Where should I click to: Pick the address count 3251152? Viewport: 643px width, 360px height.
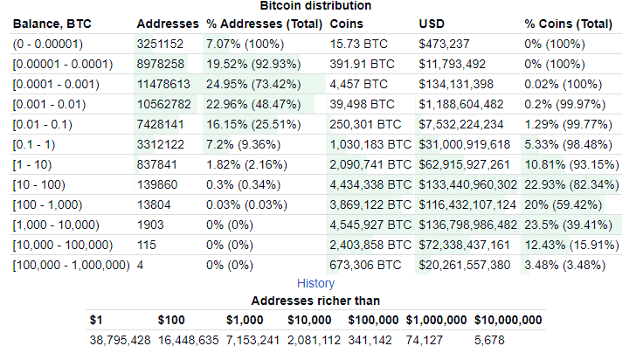coord(161,43)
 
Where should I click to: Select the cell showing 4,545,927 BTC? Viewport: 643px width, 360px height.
coord(370,224)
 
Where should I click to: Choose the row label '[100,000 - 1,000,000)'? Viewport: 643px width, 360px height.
coord(71,264)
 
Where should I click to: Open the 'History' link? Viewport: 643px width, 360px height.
coord(315,283)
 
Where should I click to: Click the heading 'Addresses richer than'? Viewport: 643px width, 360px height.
coord(315,301)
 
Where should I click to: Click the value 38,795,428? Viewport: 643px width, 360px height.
coord(120,340)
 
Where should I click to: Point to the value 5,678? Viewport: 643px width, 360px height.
coord(489,340)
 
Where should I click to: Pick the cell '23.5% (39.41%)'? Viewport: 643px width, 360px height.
coord(566,224)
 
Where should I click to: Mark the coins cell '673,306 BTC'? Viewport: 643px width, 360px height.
coord(366,264)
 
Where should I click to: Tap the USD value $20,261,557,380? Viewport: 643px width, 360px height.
coord(465,264)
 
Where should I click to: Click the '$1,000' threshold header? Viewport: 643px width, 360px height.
coord(245,320)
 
